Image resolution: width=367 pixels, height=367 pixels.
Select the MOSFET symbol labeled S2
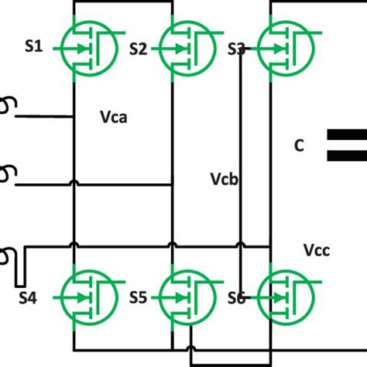184,48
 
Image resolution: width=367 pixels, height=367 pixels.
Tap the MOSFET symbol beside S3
283,48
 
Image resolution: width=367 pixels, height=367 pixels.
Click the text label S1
33,47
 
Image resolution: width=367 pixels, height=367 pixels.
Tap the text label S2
138,49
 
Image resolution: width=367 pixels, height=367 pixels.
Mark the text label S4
27,297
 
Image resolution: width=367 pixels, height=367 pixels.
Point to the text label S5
138,297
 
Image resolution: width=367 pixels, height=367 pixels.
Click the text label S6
236,297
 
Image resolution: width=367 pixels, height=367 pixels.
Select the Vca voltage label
114,118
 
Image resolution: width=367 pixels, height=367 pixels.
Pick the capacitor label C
299,145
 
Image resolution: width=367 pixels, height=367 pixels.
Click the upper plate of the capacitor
345,136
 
